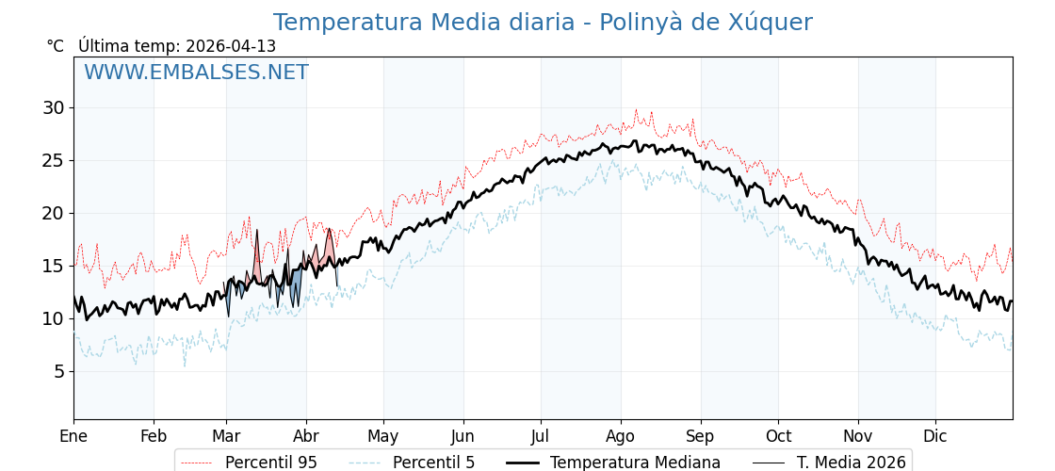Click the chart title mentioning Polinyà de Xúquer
pyautogui.click(x=543, y=23)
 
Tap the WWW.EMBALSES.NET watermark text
pyautogui.click(x=196, y=73)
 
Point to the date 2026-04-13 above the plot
pyautogui.click(x=231, y=46)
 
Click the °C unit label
pyautogui.click(x=55, y=46)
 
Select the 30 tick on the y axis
pyautogui.click(x=53, y=107)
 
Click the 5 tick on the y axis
pyautogui.click(x=58, y=371)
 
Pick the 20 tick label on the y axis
pyautogui.click(x=53, y=213)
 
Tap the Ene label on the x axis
pyautogui.click(x=73, y=436)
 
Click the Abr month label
pyautogui.click(x=306, y=436)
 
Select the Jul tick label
pyautogui.click(x=541, y=436)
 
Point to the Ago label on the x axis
pyautogui.click(x=621, y=436)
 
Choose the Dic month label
pyautogui.click(x=935, y=436)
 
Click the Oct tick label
pyautogui.click(x=778, y=436)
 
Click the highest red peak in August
pyautogui.click(x=636, y=111)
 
